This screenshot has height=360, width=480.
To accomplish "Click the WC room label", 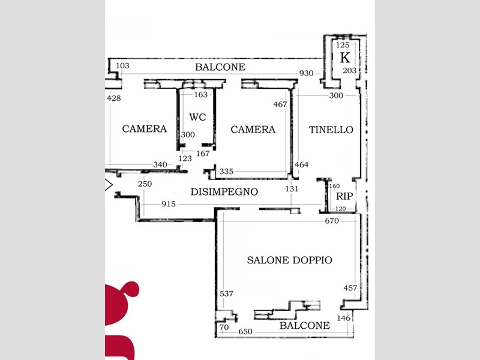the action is tap(197, 117).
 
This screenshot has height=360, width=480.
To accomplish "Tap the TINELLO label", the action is tap(331, 130).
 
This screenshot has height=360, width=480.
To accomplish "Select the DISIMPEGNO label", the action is tap(224, 191).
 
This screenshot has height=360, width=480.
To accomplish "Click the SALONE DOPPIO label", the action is tap(289, 260).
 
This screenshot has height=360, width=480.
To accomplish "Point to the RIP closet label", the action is tap(344, 196).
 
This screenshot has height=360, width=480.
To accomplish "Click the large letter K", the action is tap(345, 58).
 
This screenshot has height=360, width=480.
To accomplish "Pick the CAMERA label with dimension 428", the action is tap(145, 128).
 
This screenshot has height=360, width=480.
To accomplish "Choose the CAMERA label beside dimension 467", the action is tap(253, 130).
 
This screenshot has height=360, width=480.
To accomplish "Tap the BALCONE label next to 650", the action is tap(305, 325).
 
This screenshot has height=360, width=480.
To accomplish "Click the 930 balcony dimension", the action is tap(306, 73).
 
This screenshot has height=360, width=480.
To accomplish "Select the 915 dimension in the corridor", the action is tap(169, 204).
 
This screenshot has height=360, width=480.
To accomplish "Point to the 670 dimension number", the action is tap(332, 221).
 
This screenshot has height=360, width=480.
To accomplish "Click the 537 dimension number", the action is tap(227, 293).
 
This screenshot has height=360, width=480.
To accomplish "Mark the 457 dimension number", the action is tap(350, 288).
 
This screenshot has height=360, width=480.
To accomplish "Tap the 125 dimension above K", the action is tap(343, 45).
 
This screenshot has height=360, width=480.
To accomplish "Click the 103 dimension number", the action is tap(122, 65).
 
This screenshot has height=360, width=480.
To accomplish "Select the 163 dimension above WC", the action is tap(201, 95).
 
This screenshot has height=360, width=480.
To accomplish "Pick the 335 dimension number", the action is tap(226, 172).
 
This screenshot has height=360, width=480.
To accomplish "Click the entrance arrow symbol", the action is tap(109, 185).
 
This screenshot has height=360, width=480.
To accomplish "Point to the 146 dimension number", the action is tap(343, 318).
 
